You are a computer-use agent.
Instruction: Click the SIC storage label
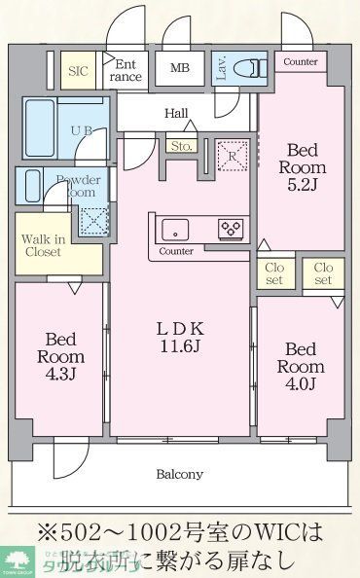pyautogui.click(x=77, y=70)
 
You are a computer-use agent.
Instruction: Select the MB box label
pyautogui.click(x=181, y=68)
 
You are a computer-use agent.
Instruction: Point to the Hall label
pyautogui.click(x=176, y=114)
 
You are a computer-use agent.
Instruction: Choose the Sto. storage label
pyautogui.click(x=181, y=146)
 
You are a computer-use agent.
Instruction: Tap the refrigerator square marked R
pyautogui.click(x=232, y=155)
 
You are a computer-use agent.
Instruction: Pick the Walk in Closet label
pyautogui.click(x=42, y=244)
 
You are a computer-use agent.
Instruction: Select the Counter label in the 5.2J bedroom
pyautogui.click(x=301, y=61)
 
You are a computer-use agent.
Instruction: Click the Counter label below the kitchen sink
pyautogui.click(x=175, y=251)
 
